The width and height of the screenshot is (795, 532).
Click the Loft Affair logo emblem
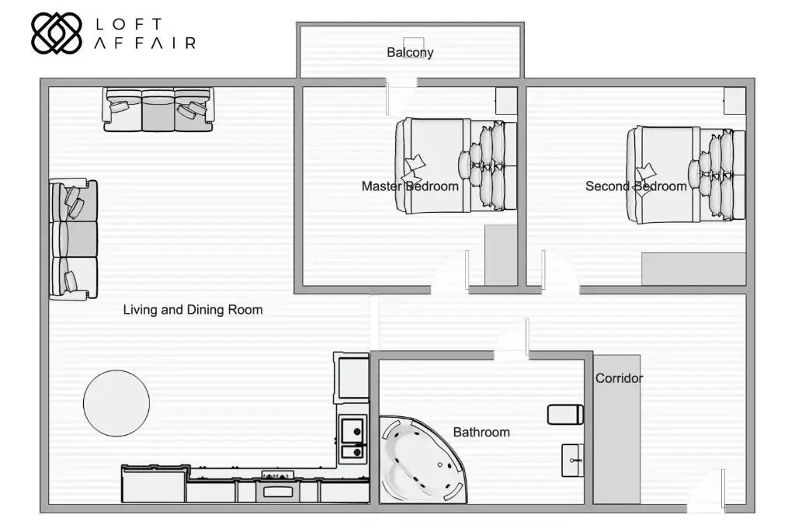56,33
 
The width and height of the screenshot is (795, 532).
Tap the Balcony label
410,52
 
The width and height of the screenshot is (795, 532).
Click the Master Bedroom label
410,186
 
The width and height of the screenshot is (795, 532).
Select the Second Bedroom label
636,186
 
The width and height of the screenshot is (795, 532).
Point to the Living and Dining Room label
193,309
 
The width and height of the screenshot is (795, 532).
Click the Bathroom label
481,432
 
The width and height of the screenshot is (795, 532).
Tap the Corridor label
619,377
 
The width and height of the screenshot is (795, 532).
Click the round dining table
116,403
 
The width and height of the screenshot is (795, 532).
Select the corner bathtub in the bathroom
422,460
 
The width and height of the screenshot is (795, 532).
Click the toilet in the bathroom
565,415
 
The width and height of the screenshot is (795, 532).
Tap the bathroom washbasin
572,460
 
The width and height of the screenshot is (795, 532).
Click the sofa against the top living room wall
158,110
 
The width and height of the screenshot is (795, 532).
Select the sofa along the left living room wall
74,238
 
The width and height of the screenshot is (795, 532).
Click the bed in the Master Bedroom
456,166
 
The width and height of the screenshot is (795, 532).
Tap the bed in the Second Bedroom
686,175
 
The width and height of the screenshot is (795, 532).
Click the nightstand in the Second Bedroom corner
734,100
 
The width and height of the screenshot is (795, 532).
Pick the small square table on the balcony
413,45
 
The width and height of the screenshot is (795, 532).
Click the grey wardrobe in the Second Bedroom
693,269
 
